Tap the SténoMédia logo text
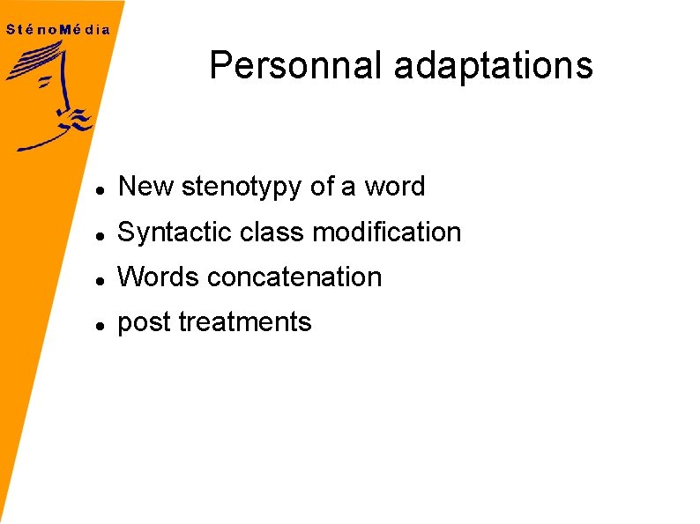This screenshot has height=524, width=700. pyautogui.click(x=58, y=29)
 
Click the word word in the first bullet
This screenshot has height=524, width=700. pyautogui.click(x=394, y=187)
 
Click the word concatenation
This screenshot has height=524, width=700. pyautogui.click(x=294, y=277)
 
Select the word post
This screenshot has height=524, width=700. pyautogui.click(x=145, y=323)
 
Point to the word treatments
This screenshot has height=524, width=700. pyautogui.click(x=245, y=322)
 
